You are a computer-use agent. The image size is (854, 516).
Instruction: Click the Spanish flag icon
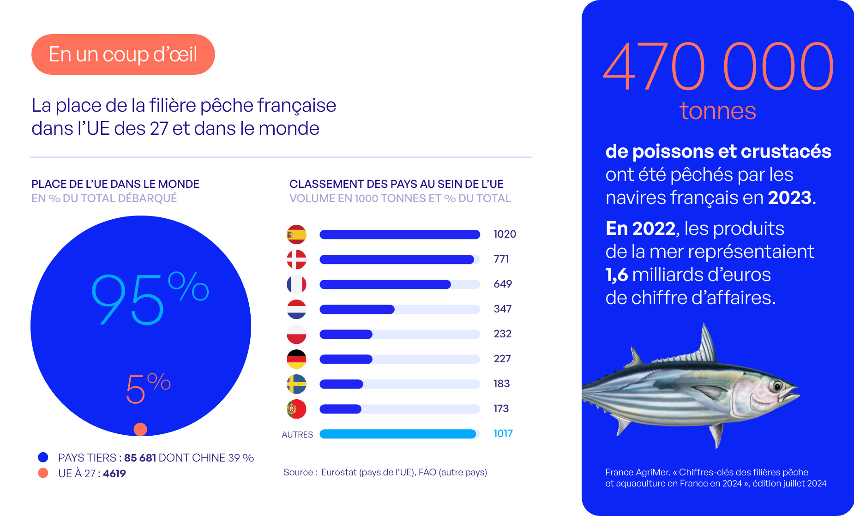pos(296,234)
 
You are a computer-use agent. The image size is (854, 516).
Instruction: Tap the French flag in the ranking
pos(296,284)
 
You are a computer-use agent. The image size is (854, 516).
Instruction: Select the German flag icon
pos(296,359)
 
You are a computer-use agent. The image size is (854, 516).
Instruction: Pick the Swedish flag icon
pos(296,384)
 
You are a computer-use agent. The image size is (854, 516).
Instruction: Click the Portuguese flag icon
pos(296,409)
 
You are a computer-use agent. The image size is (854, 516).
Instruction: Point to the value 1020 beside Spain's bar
pos(505,234)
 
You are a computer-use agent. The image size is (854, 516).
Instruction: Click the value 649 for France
pos(503,284)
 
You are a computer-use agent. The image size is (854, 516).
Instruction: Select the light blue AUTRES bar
pos(397,434)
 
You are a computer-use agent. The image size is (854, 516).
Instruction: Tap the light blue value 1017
pos(503,434)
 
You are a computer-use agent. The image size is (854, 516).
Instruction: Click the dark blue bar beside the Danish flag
pos(397,259)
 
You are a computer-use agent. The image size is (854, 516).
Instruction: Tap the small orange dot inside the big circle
pos(140,429)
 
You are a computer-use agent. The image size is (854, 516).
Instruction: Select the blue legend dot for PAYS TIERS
pos(43,457)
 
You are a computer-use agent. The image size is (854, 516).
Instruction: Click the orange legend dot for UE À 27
pos(43,473)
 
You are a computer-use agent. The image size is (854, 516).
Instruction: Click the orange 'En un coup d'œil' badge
pos(123,54)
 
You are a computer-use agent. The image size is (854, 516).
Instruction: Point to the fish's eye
pos(777,386)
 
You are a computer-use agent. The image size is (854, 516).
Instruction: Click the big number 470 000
pos(718,67)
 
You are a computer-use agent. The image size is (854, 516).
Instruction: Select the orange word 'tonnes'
pos(717,111)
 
